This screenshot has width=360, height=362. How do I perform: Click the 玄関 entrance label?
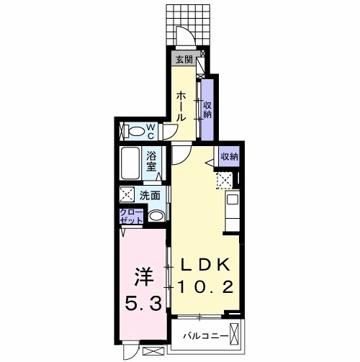point(183,60)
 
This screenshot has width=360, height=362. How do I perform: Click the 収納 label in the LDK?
point(229,156)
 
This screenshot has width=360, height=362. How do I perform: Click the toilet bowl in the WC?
point(134,131)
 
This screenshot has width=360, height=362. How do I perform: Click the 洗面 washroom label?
point(150,194)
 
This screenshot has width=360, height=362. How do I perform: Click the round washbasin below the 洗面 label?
point(156,216)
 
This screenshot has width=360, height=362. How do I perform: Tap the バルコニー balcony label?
point(205,336)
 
